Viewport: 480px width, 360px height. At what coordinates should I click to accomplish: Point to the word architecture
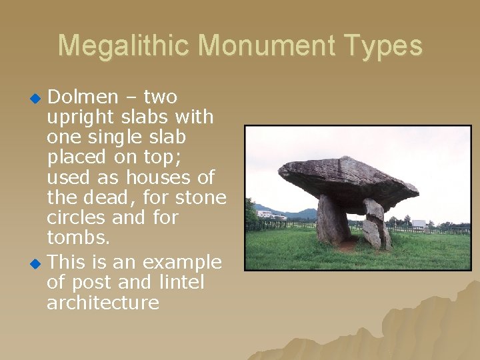point(103,303)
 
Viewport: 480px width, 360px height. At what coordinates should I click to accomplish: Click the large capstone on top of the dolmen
point(347,179)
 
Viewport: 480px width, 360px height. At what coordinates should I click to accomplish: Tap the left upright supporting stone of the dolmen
point(331,221)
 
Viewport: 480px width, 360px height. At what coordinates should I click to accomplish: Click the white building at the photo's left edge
point(264,214)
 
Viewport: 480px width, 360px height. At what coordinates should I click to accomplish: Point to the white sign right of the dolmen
point(418,224)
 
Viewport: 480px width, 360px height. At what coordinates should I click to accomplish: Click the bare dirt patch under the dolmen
point(349,245)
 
